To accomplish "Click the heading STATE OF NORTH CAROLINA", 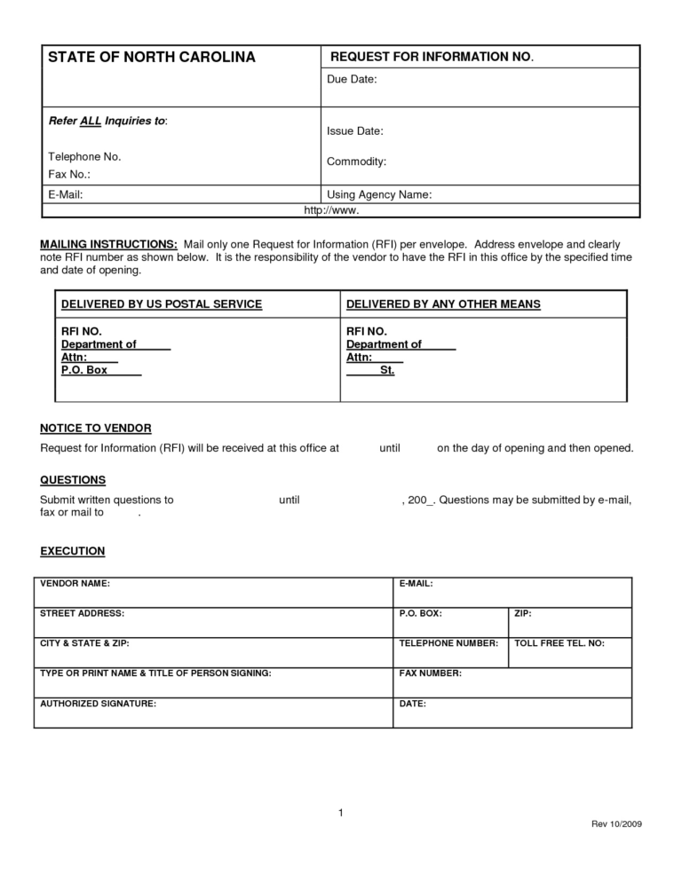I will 151,58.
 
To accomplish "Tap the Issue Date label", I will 355,131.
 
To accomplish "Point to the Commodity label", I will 356,161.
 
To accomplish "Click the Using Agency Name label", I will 379,194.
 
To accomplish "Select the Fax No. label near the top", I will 70,175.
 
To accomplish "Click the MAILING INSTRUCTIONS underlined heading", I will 109,243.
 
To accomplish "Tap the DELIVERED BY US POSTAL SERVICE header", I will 162,304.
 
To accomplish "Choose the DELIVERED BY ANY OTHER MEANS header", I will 443,304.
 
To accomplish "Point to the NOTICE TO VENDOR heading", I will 96,428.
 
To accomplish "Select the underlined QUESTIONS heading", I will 73,480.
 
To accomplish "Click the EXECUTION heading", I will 73,551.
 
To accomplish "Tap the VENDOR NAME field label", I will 75,584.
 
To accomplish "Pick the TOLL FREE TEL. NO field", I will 559,642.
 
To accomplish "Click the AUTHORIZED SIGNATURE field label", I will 99,703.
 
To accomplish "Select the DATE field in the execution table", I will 413,703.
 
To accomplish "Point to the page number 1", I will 341,813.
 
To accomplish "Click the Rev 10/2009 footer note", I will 616,824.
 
